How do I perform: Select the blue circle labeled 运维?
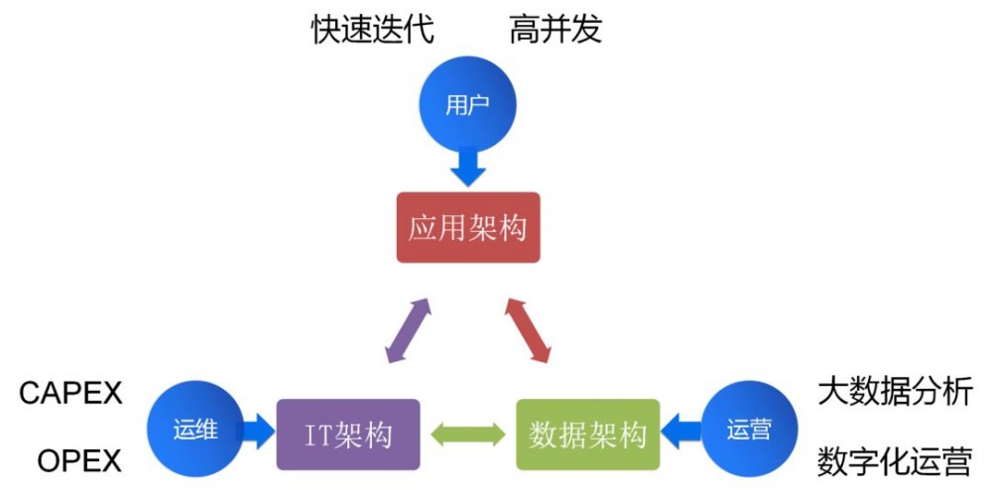pos(193,432)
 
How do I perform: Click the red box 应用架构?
pos(468,227)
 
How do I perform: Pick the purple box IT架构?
pos(348,435)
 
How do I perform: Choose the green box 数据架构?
pos(588,435)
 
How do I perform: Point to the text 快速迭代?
pos(373,30)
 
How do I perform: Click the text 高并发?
pos(556,30)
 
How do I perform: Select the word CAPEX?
pos(70,393)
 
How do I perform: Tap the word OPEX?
pos(79,461)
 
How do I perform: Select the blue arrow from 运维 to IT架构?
pos(256,432)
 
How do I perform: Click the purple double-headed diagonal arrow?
pos(408,328)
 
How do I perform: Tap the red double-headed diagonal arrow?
pos(528,328)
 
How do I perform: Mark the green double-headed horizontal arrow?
pos(468,435)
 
